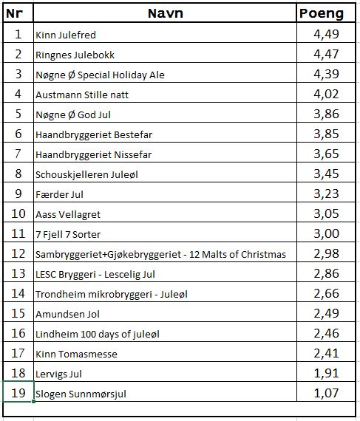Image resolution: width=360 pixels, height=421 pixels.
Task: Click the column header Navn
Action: pos(165,13)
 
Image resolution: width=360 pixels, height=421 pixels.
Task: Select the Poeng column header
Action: pos(321,13)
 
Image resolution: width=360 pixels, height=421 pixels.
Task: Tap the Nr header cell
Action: pos(18,13)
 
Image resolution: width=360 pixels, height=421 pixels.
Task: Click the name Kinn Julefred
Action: pos(66,35)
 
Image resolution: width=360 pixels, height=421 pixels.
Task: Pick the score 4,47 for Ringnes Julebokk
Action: pos(326,54)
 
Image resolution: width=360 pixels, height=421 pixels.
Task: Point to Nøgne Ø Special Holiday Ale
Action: pos(100,75)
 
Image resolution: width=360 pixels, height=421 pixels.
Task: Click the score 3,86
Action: pos(326,114)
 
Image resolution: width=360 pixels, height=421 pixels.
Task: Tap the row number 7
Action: pos(18,154)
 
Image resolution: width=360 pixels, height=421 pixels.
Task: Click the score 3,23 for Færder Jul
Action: pos(326,194)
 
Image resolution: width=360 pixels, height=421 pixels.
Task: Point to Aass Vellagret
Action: pos(68,214)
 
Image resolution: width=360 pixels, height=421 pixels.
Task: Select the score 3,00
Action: pos(326,233)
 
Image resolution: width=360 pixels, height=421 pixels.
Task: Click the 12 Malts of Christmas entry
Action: pos(160,254)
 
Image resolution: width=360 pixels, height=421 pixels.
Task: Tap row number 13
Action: pos(18,273)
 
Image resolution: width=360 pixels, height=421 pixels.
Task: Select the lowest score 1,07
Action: pos(326,393)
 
